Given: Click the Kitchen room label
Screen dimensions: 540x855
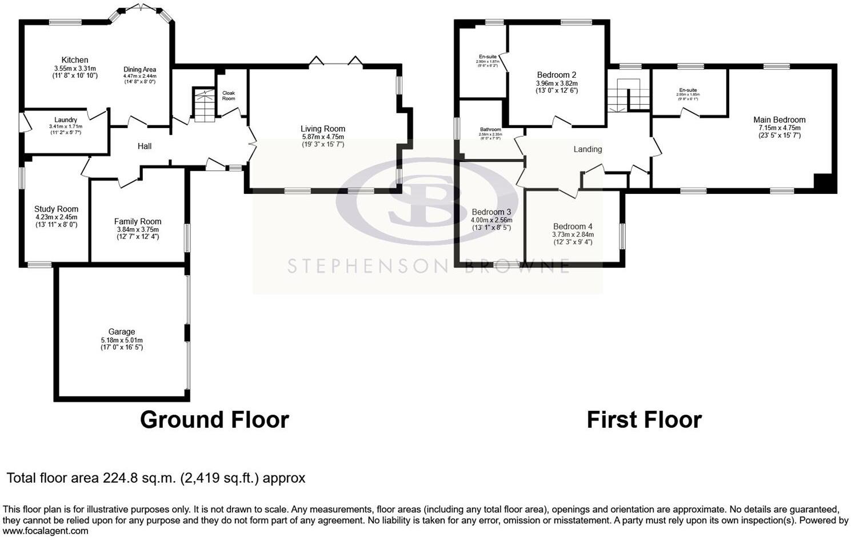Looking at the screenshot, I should pyautogui.click(x=75, y=60).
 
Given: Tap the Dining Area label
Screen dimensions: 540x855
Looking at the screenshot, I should pyautogui.click(x=140, y=70).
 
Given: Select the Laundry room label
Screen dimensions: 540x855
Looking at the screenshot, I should pyautogui.click(x=66, y=120).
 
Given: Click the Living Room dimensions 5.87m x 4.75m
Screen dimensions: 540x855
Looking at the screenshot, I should pyautogui.click(x=323, y=137).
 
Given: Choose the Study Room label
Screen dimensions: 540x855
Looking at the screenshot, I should pyautogui.click(x=56, y=209).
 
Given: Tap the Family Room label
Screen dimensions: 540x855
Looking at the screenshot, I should pyautogui.click(x=138, y=221).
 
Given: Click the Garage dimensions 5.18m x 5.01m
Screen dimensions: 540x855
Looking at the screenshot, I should pyautogui.click(x=122, y=340).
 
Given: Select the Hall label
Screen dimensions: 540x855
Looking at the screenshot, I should pyautogui.click(x=145, y=146).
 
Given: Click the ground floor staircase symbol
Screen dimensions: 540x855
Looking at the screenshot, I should pyautogui.click(x=203, y=105).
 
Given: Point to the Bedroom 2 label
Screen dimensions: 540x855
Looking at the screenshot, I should pyautogui.click(x=557, y=75).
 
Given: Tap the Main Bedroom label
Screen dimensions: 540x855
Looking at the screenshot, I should pyautogui.click(x=780, y=120).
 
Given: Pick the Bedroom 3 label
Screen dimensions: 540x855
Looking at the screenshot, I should pyautogui.click(x=492, y=212).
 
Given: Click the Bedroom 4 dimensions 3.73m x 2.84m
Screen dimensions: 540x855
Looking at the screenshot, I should pyautogui.click(x=573, y=235).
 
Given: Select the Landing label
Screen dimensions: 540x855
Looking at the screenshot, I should pyautogui.click(x=588, y=149).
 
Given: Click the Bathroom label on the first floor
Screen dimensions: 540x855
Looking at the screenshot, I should pyautogui.click(x=490, y=130).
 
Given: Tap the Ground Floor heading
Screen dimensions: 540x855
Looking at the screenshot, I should pyautogui.click(x=214, y=420).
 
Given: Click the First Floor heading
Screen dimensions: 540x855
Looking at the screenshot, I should pyautogui.click(x=644, y=420).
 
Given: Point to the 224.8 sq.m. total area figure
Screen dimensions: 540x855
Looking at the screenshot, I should pyautogui.click(x=140, y=478).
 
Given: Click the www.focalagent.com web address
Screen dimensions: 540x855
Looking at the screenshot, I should pyautogui.click(x=46, y=531).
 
